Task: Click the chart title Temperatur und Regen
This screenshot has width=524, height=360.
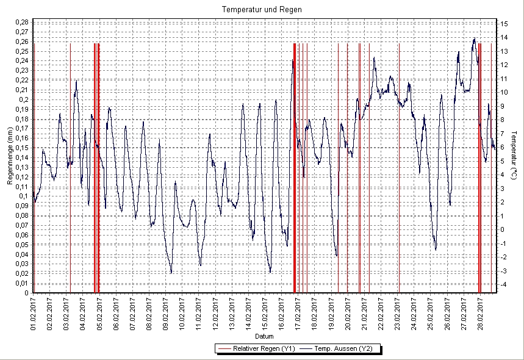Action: [262, 10]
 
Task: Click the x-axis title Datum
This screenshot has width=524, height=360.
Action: [264, 336]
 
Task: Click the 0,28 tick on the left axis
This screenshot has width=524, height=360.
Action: [21, 23]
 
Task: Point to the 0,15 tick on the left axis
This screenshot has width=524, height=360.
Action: [21, 148]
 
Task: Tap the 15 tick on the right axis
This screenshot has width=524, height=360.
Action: [506, 23]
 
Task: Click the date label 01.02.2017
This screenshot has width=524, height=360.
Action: [34, 313]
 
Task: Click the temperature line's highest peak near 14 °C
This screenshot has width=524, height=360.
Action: [474, 38]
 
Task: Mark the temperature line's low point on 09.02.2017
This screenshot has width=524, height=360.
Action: [171, 272]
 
